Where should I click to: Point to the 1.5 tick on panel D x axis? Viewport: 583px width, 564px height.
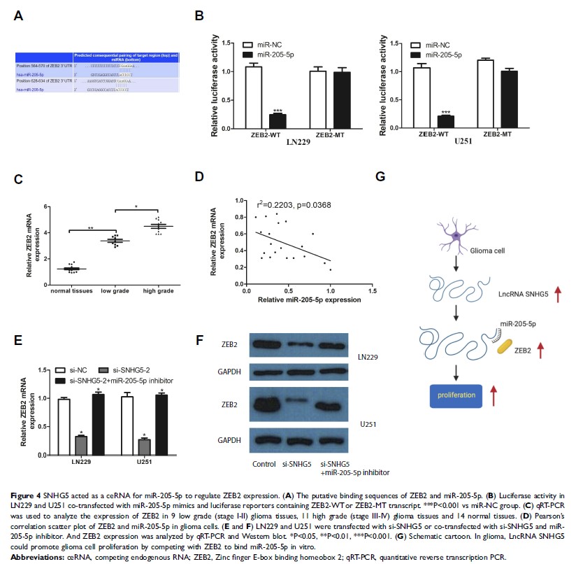click(371, 291)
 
